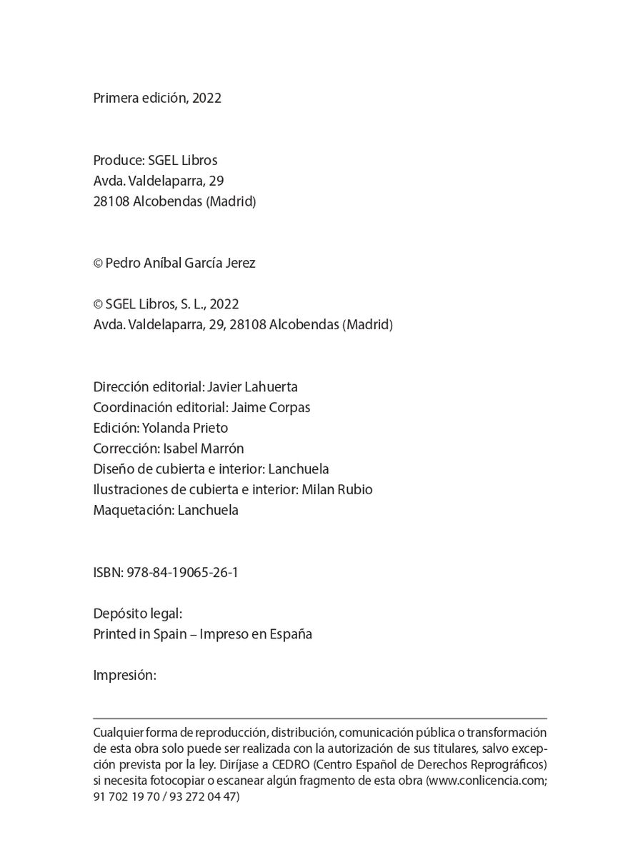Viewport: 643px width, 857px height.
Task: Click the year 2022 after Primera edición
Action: (206, 98)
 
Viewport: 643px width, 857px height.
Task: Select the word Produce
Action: (117, 160)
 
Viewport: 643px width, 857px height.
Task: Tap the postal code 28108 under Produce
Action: (111, 201)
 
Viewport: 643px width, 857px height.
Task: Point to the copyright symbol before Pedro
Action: (98, 263)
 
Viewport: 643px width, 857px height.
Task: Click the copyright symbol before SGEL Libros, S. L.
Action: (98, 304)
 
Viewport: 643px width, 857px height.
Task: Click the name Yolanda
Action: (164, 428)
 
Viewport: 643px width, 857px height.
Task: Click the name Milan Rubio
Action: (337, 490)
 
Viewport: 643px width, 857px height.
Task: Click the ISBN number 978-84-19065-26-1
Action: (182, 573)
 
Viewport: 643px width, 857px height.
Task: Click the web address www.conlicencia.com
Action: (486, 781)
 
